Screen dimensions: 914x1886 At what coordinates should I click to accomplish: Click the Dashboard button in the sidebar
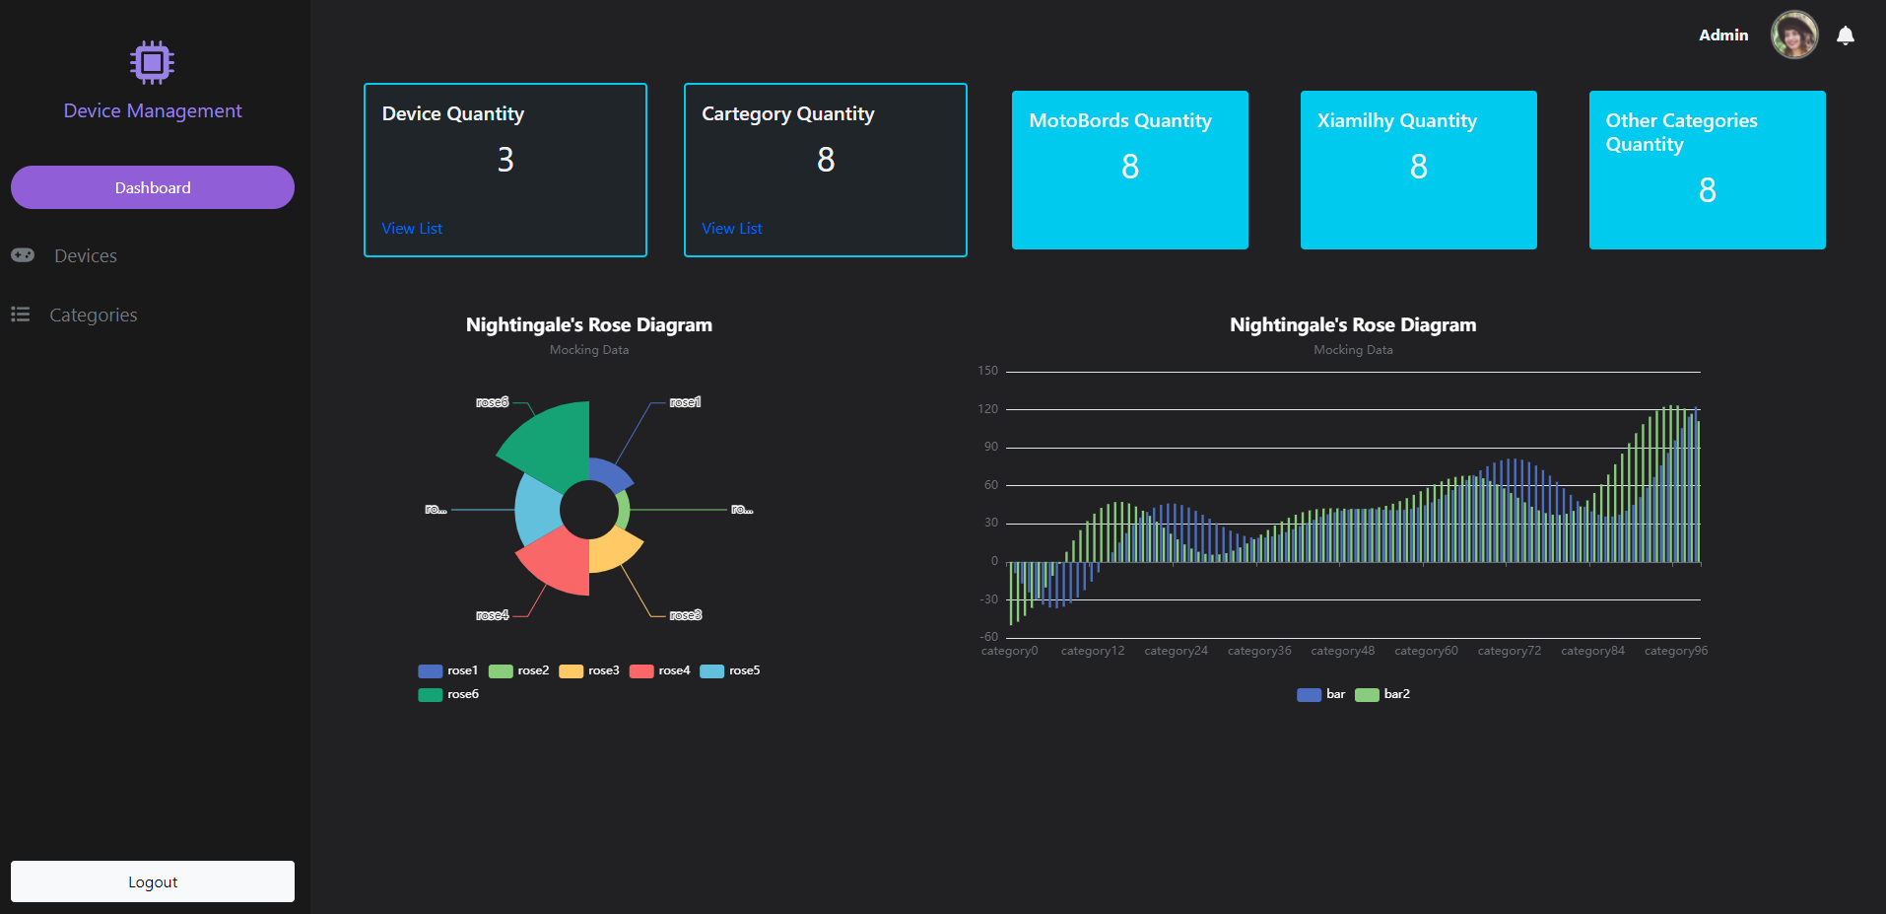[153, 187]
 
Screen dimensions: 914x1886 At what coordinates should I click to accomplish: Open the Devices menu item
[86, 256]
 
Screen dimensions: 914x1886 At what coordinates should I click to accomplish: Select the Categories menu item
[93, 316]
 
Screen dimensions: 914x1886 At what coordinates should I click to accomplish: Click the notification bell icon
[1845, 35]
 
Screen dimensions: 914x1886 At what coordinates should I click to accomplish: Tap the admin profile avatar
[1793, 35]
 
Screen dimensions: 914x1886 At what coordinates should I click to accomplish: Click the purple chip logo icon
[152, 62]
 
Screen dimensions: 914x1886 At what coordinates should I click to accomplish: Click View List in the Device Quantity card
[412, 229]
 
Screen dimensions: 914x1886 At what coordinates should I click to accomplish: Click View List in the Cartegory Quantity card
[731, 229]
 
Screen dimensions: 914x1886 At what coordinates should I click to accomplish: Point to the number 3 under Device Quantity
[505, 160]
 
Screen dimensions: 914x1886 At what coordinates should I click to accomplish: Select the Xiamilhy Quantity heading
[1396, 121]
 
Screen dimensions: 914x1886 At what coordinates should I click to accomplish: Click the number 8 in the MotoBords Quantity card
[1129, 168]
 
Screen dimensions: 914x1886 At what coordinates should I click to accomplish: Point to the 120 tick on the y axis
[987, 409]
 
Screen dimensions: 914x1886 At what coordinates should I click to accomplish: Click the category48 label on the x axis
[1342, 651]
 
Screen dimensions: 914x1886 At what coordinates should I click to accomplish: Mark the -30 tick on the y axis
[988, 599]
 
